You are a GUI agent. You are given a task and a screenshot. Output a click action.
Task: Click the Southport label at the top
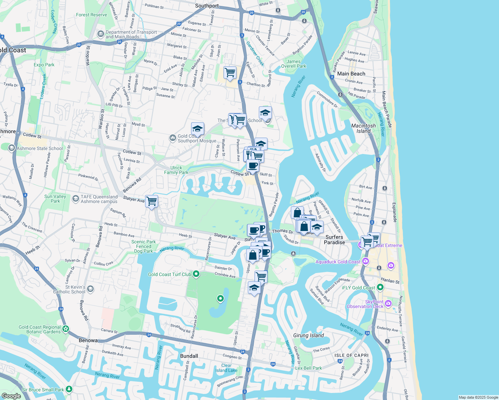point(207,6)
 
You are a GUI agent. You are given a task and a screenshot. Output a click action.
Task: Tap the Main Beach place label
point(351,74)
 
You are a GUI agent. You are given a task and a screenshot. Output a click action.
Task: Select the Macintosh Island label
point(363,128)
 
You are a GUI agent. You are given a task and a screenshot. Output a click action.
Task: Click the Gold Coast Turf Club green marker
point(196,274)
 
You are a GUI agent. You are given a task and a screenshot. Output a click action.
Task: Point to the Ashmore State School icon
point(11,148)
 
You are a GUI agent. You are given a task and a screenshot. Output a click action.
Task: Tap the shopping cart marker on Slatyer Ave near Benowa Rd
point(152,201)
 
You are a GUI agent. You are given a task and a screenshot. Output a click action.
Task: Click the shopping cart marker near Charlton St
point(230,72)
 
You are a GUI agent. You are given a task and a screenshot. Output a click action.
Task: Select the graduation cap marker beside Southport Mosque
point(197,129)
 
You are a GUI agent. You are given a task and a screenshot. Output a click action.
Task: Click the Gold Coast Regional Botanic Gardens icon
point(66,329)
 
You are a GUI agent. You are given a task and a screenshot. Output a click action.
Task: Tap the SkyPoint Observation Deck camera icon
point(388,303)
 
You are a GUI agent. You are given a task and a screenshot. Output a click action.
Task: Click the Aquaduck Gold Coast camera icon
point(366,261)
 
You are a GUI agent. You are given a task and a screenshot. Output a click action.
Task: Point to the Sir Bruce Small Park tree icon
point(69,389)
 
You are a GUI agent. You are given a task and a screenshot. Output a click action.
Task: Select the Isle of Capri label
point(352,355)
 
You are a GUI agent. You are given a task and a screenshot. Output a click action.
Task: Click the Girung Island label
point(308,335)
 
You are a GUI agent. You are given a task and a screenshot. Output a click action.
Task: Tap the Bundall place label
point(189,356)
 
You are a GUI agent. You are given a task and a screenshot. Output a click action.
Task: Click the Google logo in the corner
point(11,396)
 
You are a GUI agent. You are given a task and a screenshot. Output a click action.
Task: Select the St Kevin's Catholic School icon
point(90,289)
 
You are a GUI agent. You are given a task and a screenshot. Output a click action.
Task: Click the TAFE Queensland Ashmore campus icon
point(75,199)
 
